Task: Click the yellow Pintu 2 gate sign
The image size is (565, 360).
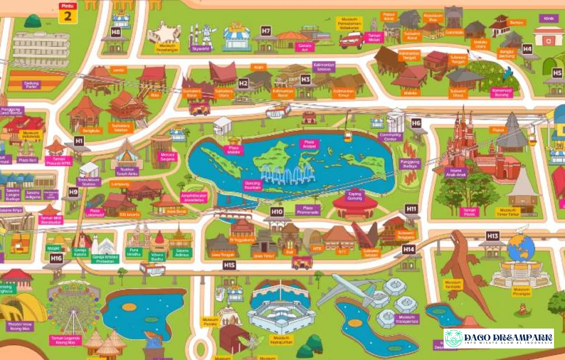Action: [68, 12]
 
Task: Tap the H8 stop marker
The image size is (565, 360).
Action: [116, 32]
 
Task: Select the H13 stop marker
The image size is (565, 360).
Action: [493, 236]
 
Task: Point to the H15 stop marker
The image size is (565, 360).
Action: [230, 265]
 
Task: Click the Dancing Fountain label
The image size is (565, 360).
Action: [252, 185]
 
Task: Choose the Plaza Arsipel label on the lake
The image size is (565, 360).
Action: [310, 144]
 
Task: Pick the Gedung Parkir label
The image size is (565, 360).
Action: [32, 84]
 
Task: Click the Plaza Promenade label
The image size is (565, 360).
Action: [307, 209]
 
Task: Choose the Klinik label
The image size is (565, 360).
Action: [548, 18]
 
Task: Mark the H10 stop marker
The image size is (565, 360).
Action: [277, 211]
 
